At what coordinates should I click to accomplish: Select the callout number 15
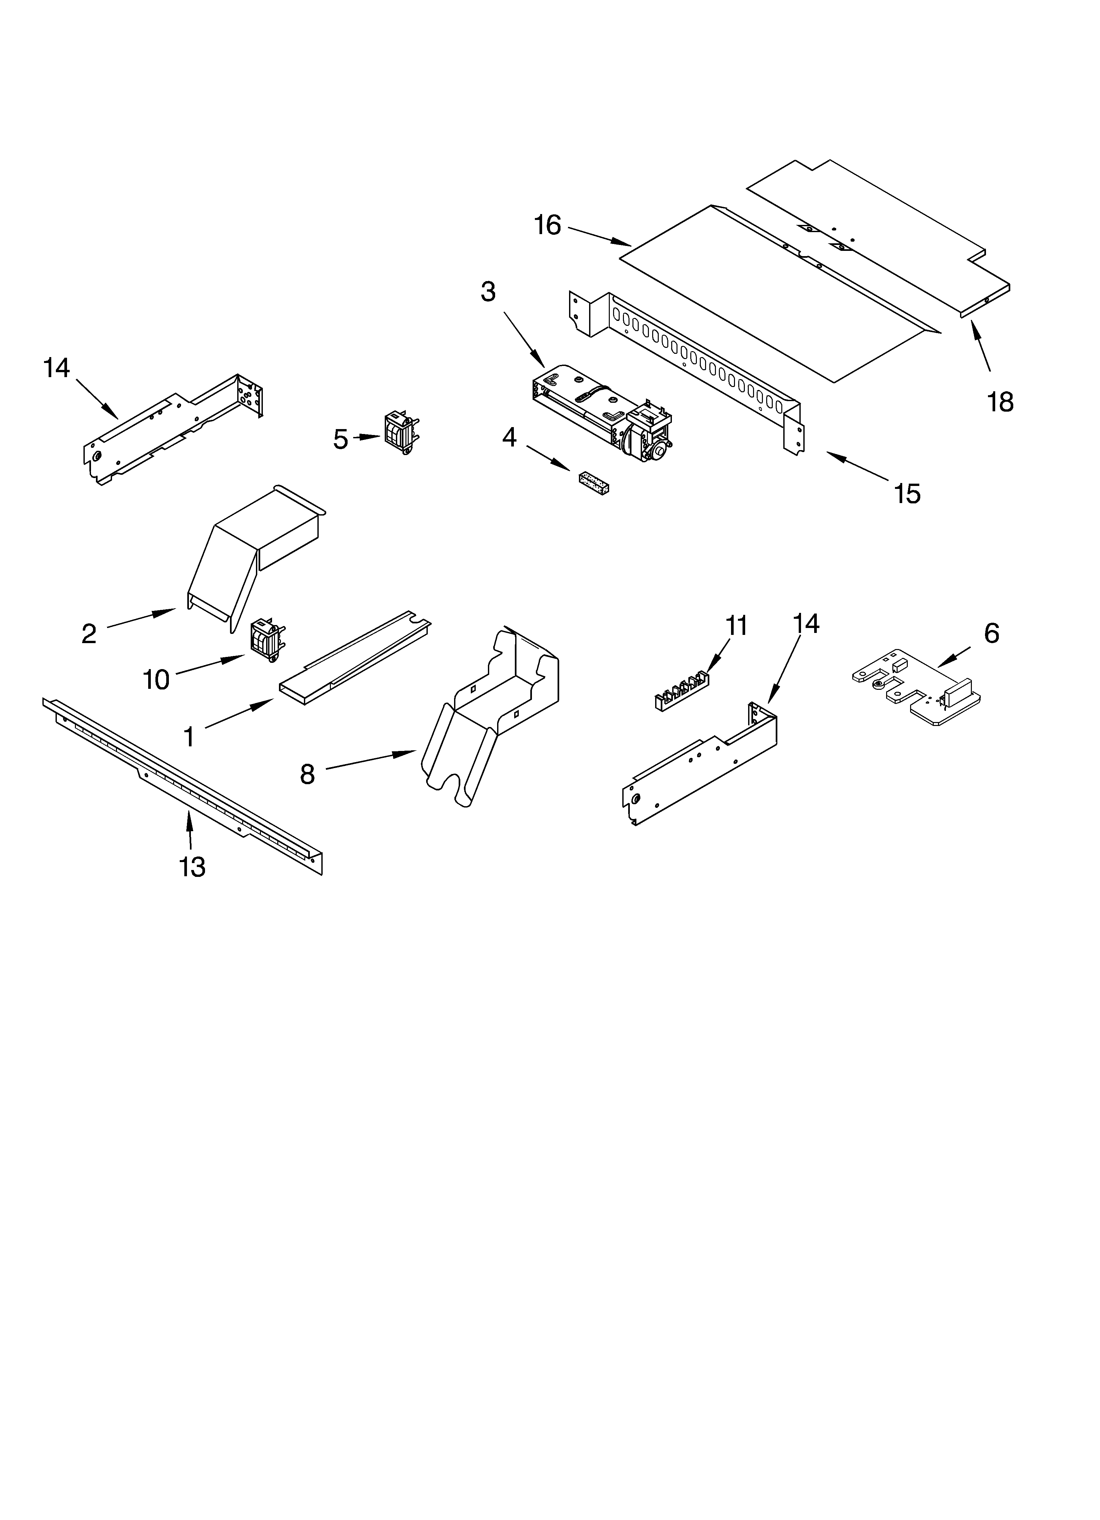coord(907,494)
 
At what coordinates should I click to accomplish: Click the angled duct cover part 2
coord(255,556)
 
